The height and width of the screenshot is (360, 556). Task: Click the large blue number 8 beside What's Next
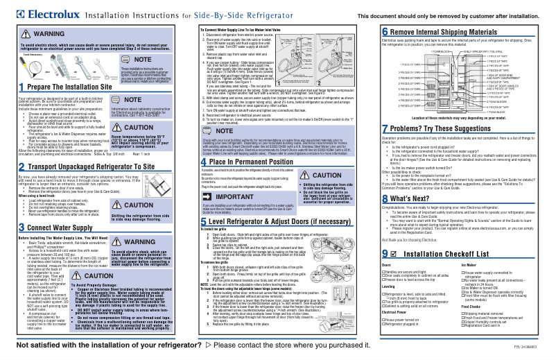coord(385,198)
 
